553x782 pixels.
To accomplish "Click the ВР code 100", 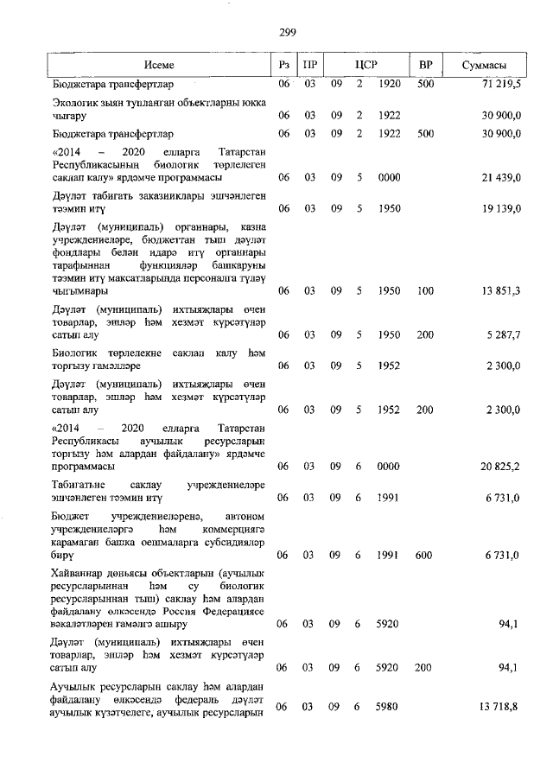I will click(424, 291).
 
